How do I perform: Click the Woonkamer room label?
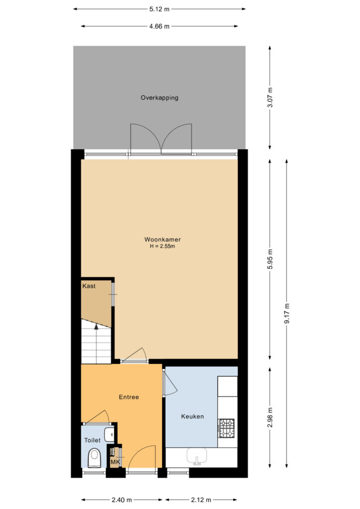(x=162, y=240)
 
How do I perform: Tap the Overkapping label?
(x=160, y=98)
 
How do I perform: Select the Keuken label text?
(x=192, y=416)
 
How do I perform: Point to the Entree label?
(x=129, y=397)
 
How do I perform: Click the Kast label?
(x=89, y=286)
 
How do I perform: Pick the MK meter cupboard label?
(x=115, y=462)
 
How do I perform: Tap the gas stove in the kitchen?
(x=226, y=428)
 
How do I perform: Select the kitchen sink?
(x=197, y=456)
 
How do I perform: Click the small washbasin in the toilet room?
(x=109, y=434)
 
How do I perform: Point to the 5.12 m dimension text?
(x=160, y=9)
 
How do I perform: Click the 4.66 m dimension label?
(x=160, y=26)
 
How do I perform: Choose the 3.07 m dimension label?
(x=270, y=97)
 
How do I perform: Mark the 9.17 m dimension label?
(x=287, y=313)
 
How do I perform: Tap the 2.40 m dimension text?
(x=122, y=500)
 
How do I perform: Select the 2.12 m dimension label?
(x=201, y=500)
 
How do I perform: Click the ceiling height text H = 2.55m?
(x=162, y=246)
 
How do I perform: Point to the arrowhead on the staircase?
(x=96, y=327)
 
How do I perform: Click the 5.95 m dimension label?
(x=270, y=259)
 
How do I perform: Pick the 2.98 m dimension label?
(x=270, y=418)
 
